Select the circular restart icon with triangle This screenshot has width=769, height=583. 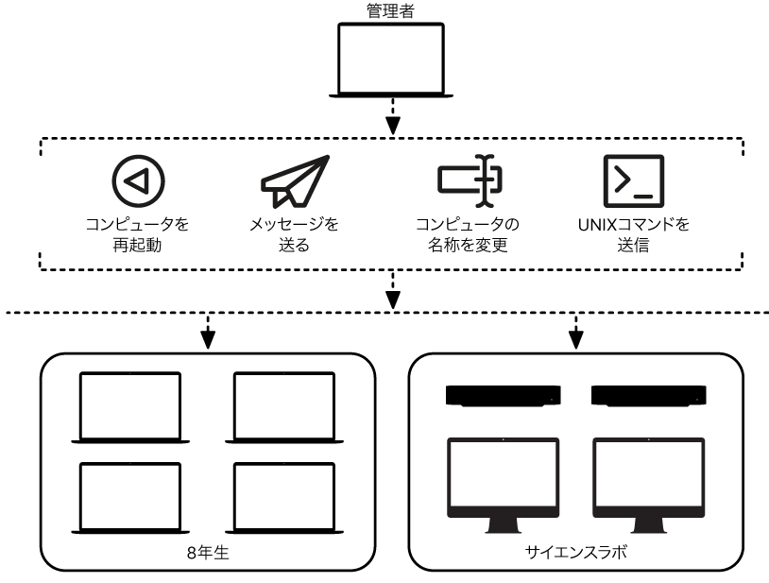pyautogui.click(x=137, y=180)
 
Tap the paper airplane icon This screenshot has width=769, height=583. pyautogui.click(x=295, y=180)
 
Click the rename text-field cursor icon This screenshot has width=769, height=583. pyautogui.click(x=469, y=180)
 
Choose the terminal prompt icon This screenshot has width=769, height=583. pyautogui.click(x=632, y=180)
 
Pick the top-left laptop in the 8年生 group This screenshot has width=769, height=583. pyautogui.click(x=129, y=406)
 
